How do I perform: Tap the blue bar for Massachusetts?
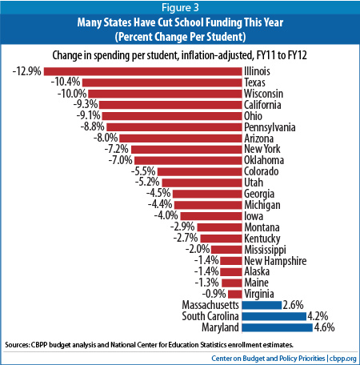click(262, 304)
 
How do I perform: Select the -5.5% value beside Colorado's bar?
click(143, 171)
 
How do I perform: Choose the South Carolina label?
click(207, 315)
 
